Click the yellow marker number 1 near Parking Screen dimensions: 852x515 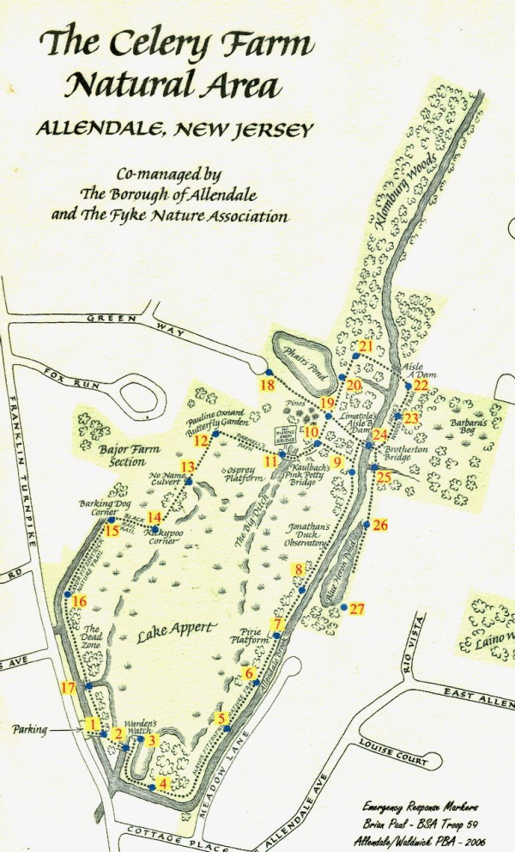click(x=92, y=724)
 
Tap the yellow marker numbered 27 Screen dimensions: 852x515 click(x=358, y=609)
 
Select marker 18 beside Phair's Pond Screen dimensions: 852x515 click(x=269, y=384)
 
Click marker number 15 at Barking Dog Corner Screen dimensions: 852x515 click(x=112, y=531)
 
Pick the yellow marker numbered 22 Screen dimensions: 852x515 click(x=421, y=386)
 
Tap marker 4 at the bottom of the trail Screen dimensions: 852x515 click(x=163, y=783)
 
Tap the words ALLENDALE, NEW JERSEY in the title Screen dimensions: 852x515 click(x=174, y=129)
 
